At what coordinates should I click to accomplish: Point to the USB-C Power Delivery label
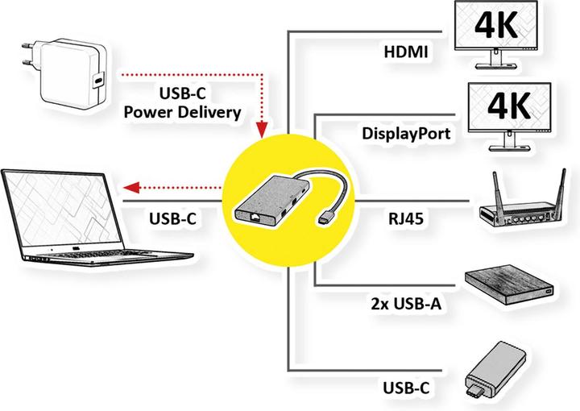click(182, 103)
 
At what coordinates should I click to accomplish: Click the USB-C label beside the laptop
click(172, 218)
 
